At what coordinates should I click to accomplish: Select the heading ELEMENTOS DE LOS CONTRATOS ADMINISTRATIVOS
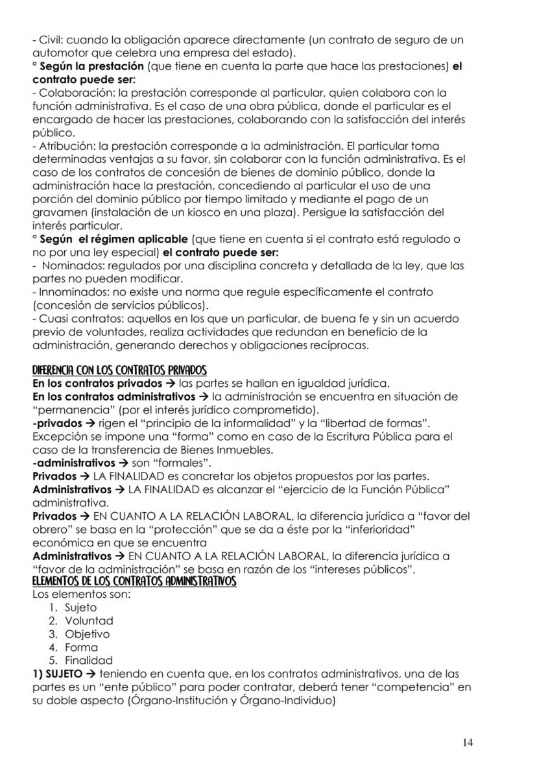tap(134, 582)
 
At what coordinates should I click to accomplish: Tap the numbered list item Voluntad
tap(89, 620)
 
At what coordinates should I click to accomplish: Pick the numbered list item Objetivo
tap(87, 633)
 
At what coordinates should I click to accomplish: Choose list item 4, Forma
tap(81, 646)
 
